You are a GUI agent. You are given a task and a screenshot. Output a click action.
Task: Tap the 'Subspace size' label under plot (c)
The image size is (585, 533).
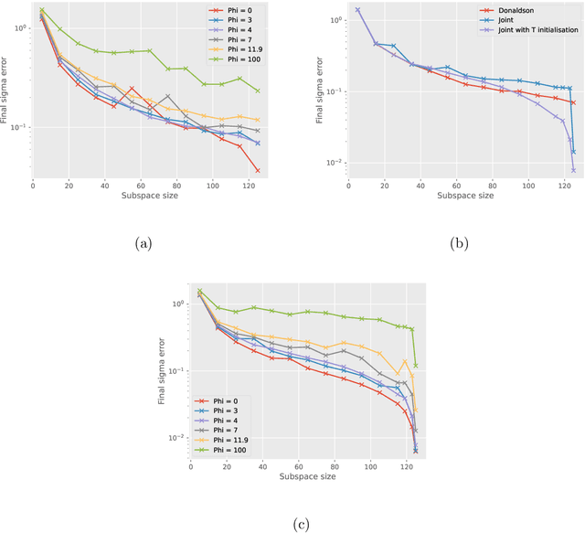click(303, 475)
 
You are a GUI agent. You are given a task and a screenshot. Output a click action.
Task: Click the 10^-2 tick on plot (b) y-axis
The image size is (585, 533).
click(333, 163)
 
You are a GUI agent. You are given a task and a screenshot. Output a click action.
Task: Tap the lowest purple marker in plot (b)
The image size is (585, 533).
click(574, 169)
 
